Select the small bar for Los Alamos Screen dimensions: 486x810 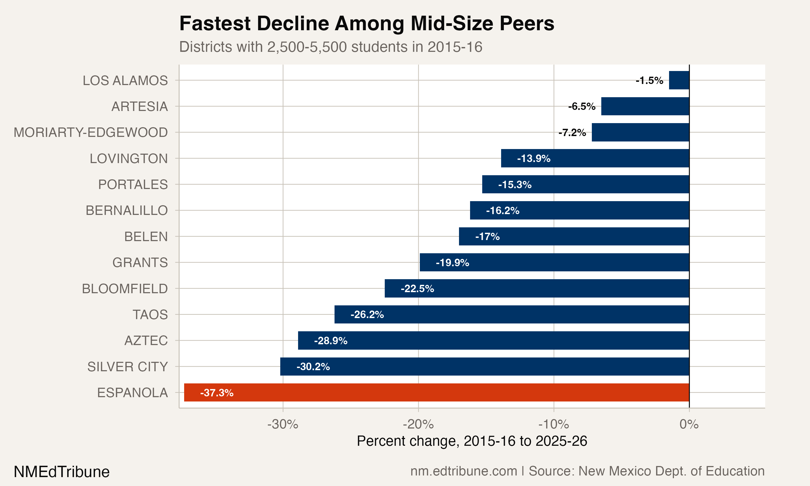679,80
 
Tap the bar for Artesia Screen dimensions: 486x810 645,106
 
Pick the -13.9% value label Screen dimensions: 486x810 534,158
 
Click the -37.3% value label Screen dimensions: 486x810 217,393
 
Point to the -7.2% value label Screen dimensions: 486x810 572,133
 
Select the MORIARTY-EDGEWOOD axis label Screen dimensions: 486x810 91,133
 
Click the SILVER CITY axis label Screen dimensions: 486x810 127,367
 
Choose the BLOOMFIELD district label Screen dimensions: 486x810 125,289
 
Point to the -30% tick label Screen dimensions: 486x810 282,424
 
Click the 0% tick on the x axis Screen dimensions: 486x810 689,424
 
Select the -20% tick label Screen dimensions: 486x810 418,424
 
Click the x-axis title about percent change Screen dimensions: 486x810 472,441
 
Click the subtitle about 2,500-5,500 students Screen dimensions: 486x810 331,47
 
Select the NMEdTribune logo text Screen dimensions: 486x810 62,472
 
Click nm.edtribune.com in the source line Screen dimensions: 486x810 464,471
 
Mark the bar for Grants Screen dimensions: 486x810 554,262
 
